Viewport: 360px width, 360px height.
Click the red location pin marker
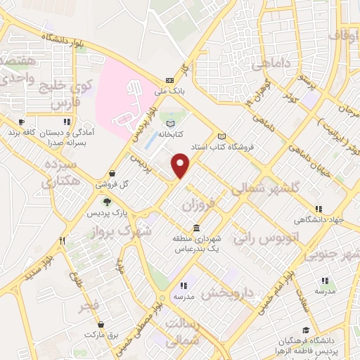pyautogui.click(x=181, y=165)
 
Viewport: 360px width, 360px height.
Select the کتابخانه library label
pyautogui.click(x=169, y=132)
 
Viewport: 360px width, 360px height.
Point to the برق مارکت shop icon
pyautogui.click(x=102, y=325)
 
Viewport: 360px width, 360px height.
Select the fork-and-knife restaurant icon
pyautogui.click(x=63, y=240)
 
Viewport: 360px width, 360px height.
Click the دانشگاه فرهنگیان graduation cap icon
pyautogui.click(x=305, y=329)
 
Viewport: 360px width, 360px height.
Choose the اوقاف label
pyautogui.click(x=343, y=35)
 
